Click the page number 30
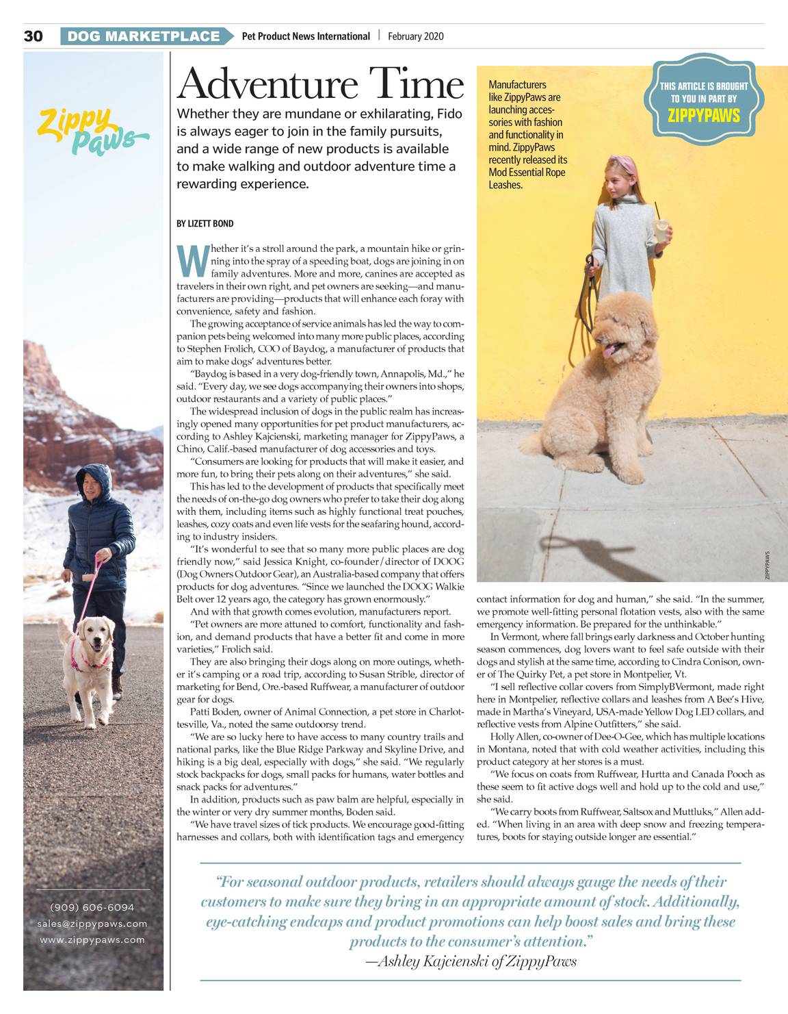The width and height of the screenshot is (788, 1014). (33, 36)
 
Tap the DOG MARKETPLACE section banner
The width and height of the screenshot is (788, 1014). (144, 36)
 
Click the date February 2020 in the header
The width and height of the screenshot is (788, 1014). (415, 36)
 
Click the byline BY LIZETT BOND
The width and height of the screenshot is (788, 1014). (205, 224)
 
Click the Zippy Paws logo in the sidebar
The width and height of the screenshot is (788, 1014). (92, 131)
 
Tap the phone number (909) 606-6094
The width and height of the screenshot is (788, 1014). (92, 907)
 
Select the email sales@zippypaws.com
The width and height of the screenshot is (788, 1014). (92, 924)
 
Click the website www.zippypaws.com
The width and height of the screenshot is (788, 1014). (92, 940)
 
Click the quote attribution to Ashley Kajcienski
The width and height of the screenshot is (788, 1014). (472, 961)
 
